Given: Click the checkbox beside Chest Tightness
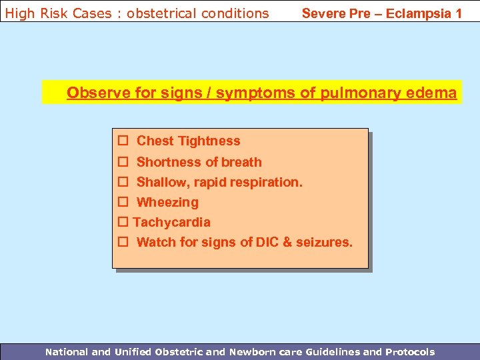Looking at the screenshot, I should click(x=123, y=141).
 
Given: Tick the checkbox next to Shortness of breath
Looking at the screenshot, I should click(x=123, y=162).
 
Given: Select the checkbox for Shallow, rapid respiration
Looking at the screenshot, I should click(x=123, y=182).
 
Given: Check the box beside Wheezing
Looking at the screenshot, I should click(x=123, y=202).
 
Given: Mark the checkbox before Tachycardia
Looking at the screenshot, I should click(x=123, y=222).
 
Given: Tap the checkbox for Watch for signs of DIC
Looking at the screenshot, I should click(x=123, y=242).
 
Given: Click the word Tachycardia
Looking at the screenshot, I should click(x=172, y=222).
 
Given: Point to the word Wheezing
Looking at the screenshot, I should click(x=167, y=202).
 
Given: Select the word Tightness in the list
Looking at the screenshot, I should click(x=209, y=141).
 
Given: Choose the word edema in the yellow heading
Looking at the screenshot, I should click(x=436, y=93).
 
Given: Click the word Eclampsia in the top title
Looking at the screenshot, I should click(x=418, y=13).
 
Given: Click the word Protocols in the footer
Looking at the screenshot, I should click(x=409, y=351).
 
